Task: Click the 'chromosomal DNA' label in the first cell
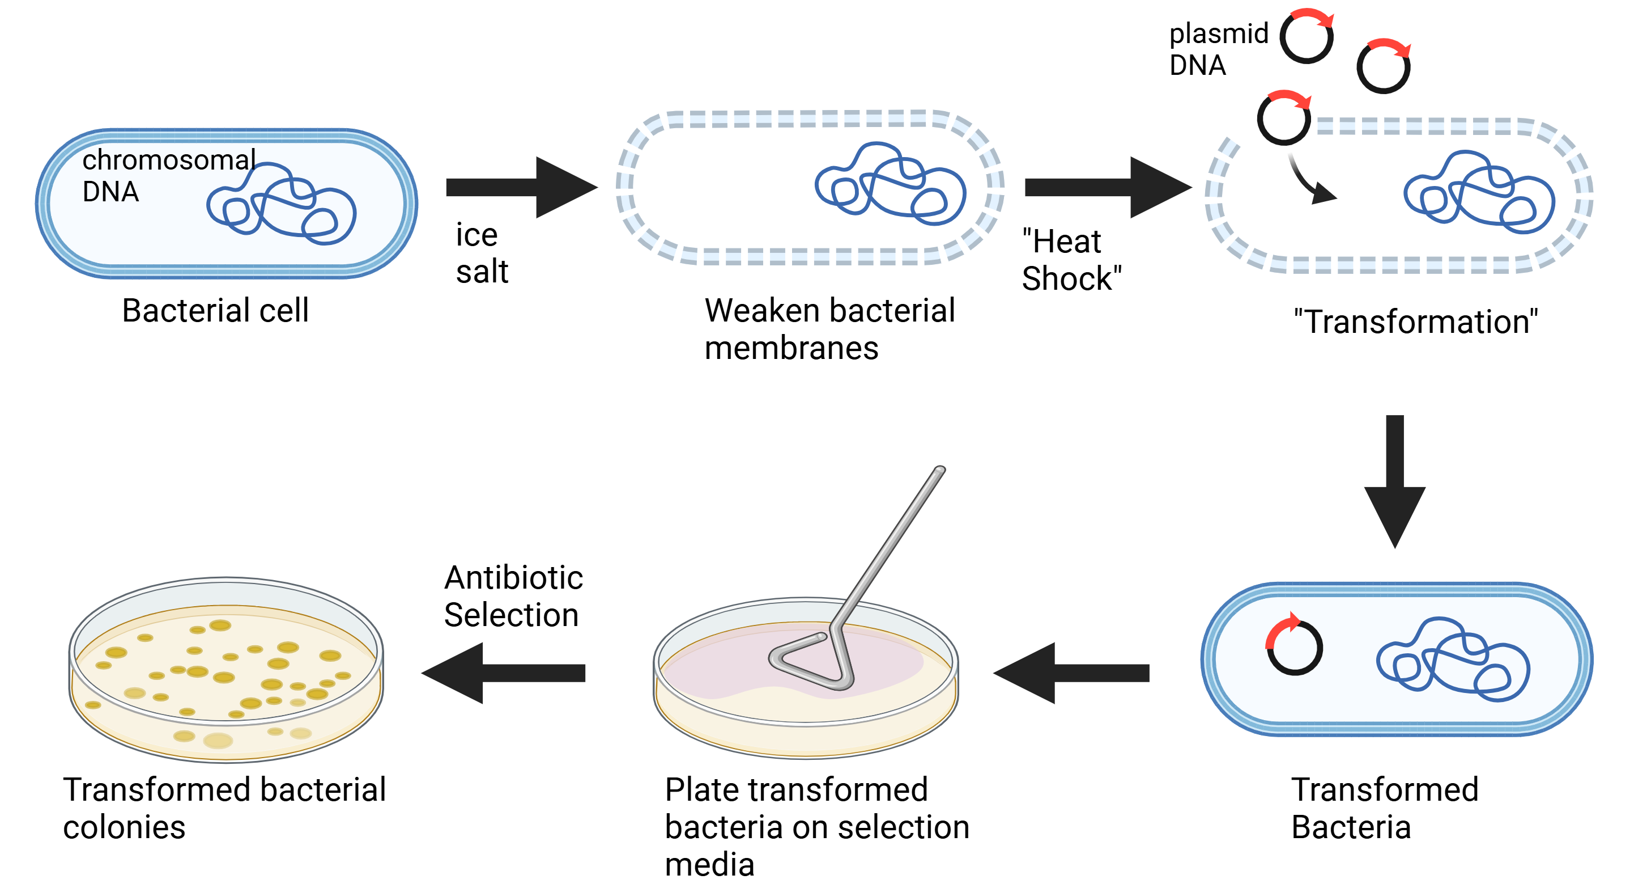[168, 175]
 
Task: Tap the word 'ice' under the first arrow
[476, 235]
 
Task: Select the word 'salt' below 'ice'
[482, 271]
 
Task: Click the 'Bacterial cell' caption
[215, 310]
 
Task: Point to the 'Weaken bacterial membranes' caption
[829, 329]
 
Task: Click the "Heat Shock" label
[1070, 260]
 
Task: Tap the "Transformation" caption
[1415, 322]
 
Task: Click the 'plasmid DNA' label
[1218, 49]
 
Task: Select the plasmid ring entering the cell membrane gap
[1284, 118]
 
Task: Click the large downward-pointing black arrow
[1395, 481]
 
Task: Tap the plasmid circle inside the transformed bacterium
[1294, 646]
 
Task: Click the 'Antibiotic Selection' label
[513, 596]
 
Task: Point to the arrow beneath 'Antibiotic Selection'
[503, 673]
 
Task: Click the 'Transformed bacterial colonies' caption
[224, 808]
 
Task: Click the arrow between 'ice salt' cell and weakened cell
[521, 187]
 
